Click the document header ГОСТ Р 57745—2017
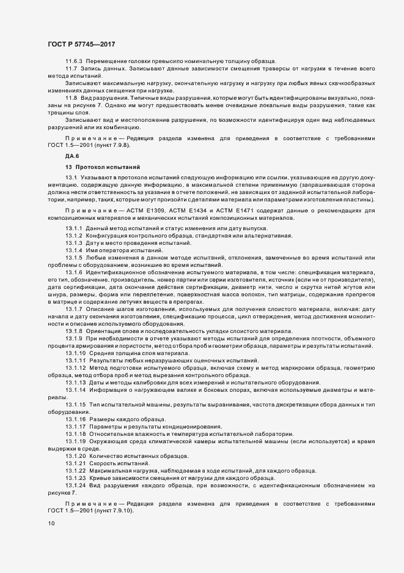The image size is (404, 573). [81, 43]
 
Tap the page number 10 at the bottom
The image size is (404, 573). [51, 523]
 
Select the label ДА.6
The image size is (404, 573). [72, 157]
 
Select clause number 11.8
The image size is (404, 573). [72, 98]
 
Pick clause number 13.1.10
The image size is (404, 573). [76, 354]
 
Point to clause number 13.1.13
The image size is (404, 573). [76, 381]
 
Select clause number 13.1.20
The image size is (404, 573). [76, 457]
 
